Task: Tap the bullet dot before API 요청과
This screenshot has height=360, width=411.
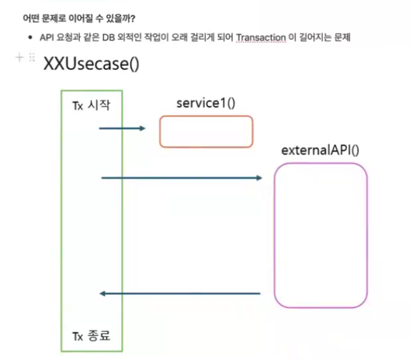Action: pyautogui.click(x=30, y=39)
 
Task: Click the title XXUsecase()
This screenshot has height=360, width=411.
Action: pyautogui.click(x=91, y=64)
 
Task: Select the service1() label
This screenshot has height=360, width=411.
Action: pyautogui.click(x=205, y=103)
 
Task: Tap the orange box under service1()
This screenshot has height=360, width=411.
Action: pyautogui.click(x=205, y=131)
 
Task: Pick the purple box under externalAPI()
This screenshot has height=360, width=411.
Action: pyautogui.click(x=320, y=235)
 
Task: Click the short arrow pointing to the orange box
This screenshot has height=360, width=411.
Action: pyautogui.click(x=122, y=129)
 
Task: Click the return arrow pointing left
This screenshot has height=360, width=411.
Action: pyautogui.click(x=181, y=293)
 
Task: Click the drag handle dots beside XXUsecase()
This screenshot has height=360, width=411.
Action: pyautogui.click(x=31, y=58)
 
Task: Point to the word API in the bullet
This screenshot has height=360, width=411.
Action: pyautogui.click(x=46, y=39)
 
